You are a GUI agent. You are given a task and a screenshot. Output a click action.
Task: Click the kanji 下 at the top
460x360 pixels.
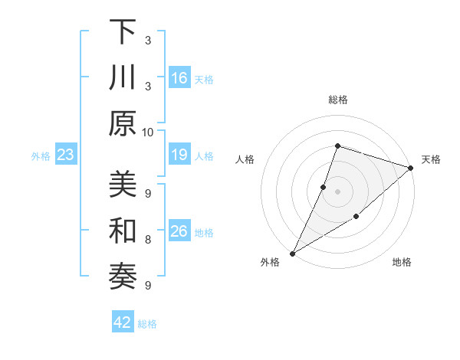click(x=122, y=34)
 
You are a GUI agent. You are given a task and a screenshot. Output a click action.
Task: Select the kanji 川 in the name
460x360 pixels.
click(x=122, y=78)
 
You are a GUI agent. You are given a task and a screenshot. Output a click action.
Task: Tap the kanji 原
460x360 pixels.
click(x=122, y=123)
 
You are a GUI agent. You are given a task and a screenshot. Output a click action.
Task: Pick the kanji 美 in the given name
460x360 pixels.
click(x=122, y=184)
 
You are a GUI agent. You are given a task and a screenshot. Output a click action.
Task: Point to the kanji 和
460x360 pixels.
click(x=122, y=231)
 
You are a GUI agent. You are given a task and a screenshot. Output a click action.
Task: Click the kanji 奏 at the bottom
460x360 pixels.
click(x=122, y=277)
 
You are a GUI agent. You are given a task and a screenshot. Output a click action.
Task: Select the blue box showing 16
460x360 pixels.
click(x=179, y=78)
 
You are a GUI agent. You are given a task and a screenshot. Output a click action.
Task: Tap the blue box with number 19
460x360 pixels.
click(x=179, y=155)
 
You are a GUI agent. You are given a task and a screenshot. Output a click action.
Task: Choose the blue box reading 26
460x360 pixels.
click(x=179, y=232)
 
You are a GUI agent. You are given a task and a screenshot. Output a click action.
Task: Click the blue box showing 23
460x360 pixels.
click(x=65, y=155)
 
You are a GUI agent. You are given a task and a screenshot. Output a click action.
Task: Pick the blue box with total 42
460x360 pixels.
click(x=123, y=322)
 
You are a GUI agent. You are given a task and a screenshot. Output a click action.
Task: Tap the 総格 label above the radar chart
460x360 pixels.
click(x=337, y=100)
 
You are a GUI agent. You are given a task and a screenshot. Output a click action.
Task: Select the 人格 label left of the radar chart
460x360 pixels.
click(x=245, y=159)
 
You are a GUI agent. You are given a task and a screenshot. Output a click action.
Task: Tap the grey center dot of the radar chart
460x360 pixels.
click(x=337, y=191)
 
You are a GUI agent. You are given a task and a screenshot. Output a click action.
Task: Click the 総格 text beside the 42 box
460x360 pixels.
click(x=147, y=324)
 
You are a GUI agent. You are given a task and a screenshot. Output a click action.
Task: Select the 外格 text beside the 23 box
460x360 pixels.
click(x=41, y=156)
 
